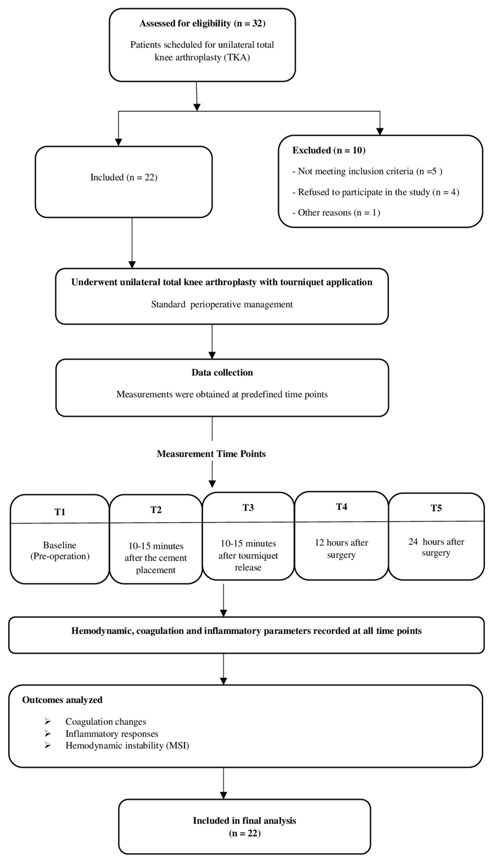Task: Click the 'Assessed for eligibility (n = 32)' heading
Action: click(x=202, y=24)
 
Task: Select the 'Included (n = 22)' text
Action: click(x=124, y=177)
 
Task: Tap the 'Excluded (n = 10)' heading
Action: click(x=329, y=150)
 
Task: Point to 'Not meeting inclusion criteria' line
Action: click(x=367, y=171)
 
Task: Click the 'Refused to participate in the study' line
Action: click(x=375, y=192)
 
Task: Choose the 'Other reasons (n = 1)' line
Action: click(x=336, y=213)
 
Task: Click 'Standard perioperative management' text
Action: click(x=222, y=305)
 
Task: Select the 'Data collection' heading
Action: click(x=222, y=372)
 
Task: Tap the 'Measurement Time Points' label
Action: click(x=211, y=454)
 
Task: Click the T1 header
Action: click(x=60, y=512)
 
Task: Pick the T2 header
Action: click(x=156, y=510)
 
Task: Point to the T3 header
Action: click(x=248, y=508)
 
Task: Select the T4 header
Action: click(x=341, y=507)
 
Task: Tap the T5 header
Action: click(x=436, y=508)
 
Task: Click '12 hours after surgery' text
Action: click(x=341, y=549)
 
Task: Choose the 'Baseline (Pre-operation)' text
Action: click(x=60, y=551)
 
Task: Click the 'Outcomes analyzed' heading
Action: click(x=62, y=700)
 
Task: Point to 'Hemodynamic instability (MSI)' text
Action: click(x=127, y=746)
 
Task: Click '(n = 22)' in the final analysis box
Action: click(x=245, y=833)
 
